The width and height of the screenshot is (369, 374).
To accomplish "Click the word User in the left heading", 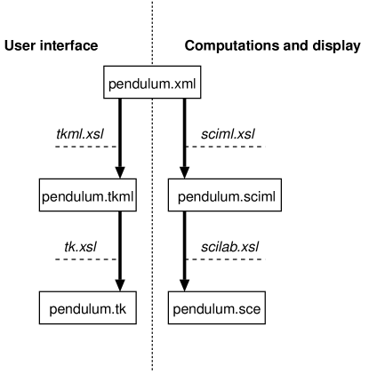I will [20, 45].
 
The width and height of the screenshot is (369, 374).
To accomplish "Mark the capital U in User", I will [10, 45].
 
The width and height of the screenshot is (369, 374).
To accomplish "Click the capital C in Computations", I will [189, 45].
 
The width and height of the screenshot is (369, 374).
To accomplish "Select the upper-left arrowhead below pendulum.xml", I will [120, 171].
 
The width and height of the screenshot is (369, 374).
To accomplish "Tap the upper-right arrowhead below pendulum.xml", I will [185, 171].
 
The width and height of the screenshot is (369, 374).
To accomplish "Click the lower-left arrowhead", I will [120, 284].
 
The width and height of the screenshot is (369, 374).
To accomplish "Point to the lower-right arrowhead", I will [185, 284].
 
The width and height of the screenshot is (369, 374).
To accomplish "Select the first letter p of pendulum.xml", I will [112, 85].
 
